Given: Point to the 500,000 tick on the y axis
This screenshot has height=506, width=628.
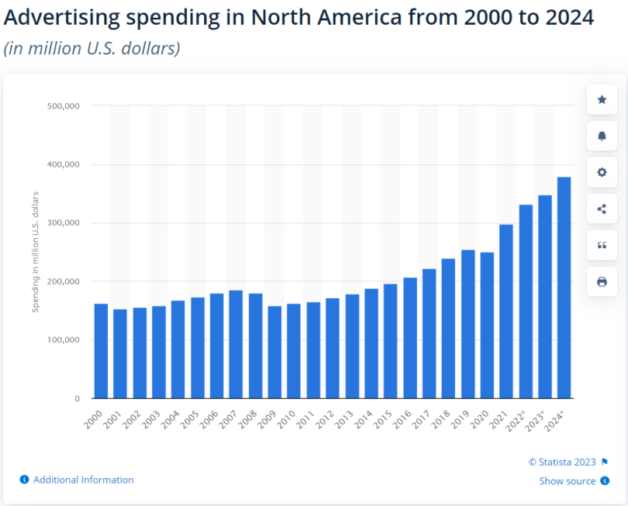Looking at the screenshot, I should tap(66, 105).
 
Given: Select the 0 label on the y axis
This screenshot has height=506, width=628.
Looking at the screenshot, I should tap(77, 398).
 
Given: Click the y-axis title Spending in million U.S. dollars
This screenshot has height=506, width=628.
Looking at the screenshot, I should tap(36, 253).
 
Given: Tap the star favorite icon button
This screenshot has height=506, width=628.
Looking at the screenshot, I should tap(602, 100).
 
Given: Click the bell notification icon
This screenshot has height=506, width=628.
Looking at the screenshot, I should tap(602, 136).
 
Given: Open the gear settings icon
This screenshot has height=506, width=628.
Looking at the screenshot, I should tap(602, 172).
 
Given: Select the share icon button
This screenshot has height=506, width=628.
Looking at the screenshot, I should tap(602, 208).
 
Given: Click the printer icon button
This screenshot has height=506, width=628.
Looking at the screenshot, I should tap(602, 281).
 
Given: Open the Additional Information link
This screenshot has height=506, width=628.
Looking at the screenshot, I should tap(83, 480).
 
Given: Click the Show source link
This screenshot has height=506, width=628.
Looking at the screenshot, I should tap(568, 481).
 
